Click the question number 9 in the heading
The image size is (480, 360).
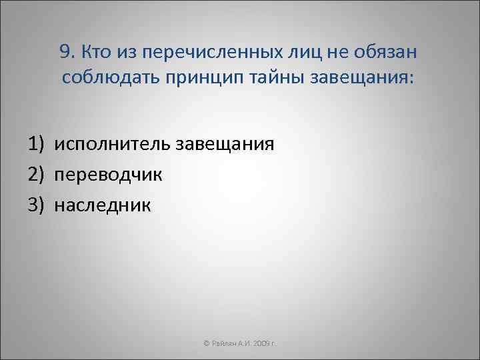[x=65, y=53]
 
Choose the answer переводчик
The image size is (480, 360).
[x=109, y=175]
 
